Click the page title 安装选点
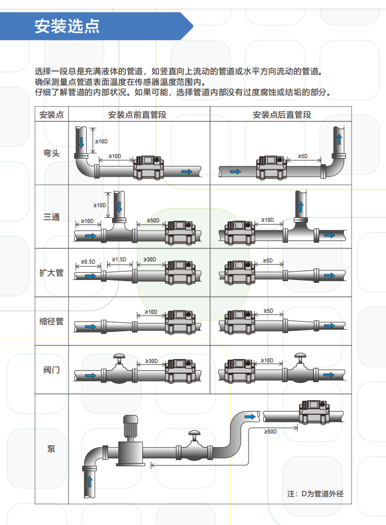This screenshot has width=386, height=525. (67, 27)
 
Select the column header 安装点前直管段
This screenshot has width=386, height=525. (137, 115)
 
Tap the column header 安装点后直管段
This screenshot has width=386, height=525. (282, 115)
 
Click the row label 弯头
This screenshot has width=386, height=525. (51, 154)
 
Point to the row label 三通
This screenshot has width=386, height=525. (51, 217)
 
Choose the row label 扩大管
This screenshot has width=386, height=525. (51, 273)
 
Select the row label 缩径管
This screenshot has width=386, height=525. (51, 321)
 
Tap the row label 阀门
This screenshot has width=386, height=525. (51, 370)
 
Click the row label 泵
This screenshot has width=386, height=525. (51, 449)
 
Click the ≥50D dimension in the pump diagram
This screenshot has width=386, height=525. (270, 431)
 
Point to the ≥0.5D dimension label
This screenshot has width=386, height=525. (88, 262)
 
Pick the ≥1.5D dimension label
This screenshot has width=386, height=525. (119, 259)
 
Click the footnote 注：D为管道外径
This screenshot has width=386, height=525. (315, 494)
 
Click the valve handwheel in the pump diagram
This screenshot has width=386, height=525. (194, 434)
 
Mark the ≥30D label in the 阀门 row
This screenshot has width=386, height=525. (152, 360)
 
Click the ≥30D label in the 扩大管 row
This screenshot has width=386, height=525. (150, 259)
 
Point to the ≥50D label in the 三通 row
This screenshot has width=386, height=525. (153, 220)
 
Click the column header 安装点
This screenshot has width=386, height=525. (51, 115)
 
